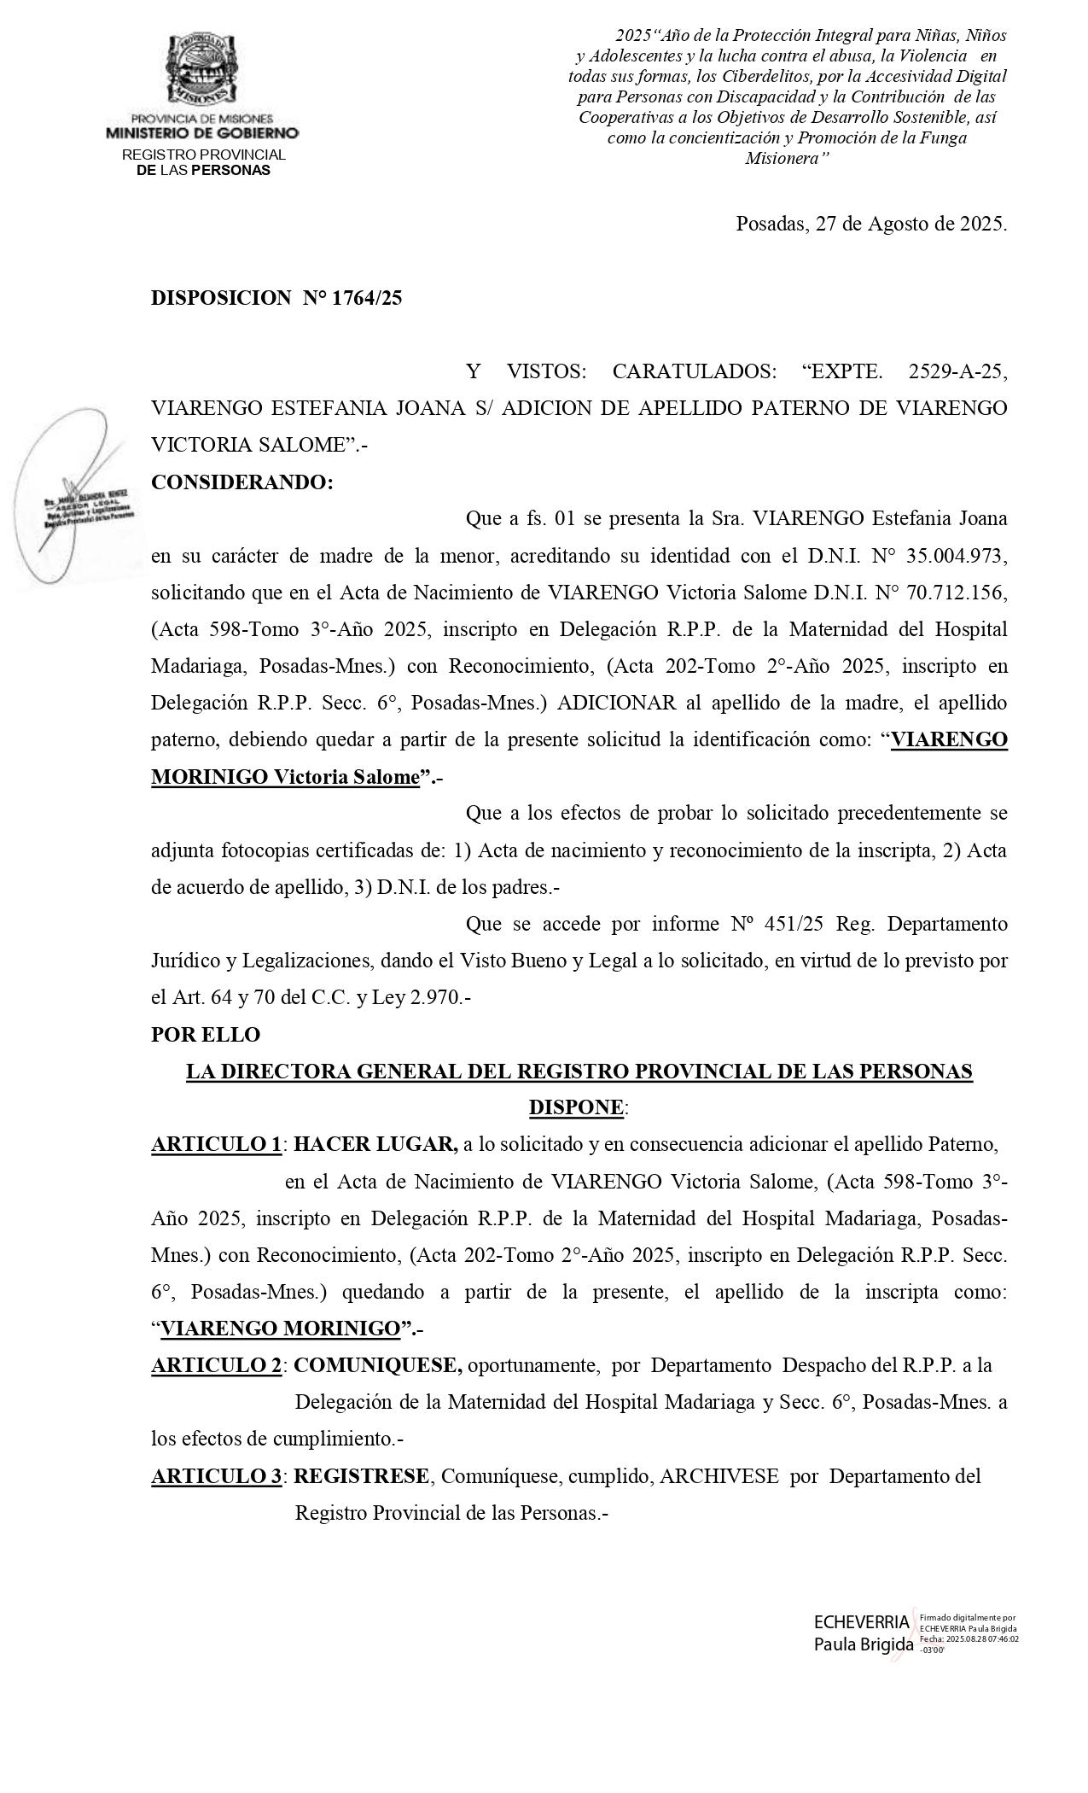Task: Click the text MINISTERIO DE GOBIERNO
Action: [x=202, y=133]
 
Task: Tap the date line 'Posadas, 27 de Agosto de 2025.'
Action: [x=871, y=225]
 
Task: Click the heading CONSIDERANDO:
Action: [x=242, y=482]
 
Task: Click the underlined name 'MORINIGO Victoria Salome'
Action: [x=286, y=778]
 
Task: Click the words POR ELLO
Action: [x=206, y=1035]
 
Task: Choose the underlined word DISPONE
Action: [x=577, y=1108]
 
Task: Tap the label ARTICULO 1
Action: [x=216, y=1145]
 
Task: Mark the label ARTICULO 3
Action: [x=217, y=1476]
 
